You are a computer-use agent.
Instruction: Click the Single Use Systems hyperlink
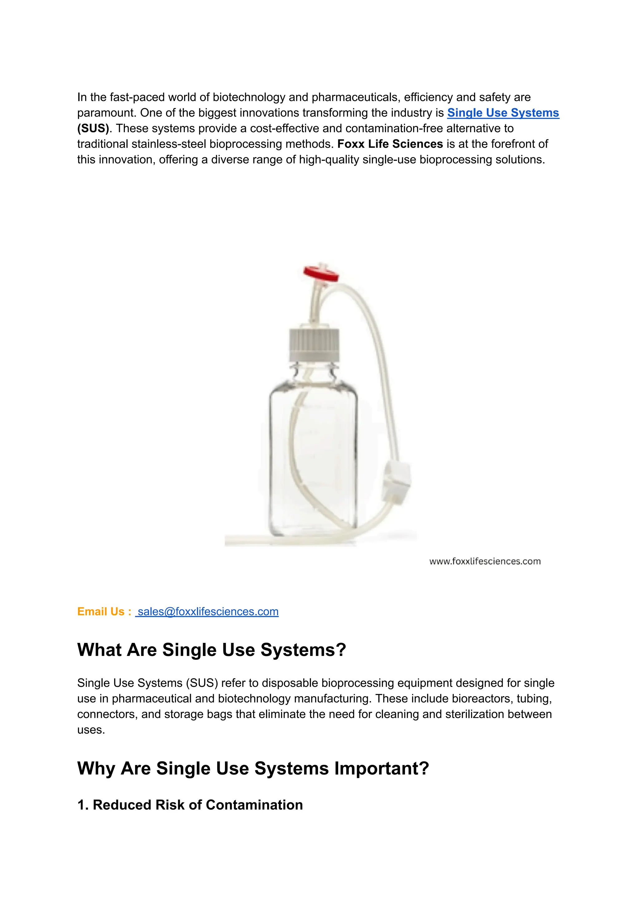coord(503,113)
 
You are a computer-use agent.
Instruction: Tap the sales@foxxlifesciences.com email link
coord(208,611)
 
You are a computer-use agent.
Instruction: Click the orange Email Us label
coord(104,611)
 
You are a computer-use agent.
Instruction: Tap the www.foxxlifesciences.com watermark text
coord(485,562)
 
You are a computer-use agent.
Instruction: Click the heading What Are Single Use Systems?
coord(211,650)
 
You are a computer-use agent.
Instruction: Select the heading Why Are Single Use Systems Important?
coord(253,768)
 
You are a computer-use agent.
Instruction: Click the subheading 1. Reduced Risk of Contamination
coord(190,805)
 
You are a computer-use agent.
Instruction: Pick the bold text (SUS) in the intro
coord(93,128)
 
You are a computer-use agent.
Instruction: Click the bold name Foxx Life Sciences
coord(390,144)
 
